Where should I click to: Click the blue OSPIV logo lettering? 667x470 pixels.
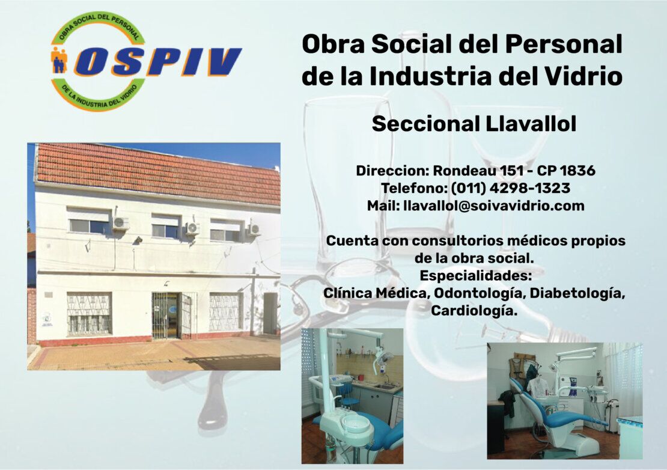158,62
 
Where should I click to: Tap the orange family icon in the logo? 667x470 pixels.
59,60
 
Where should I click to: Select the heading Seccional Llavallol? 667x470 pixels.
474,124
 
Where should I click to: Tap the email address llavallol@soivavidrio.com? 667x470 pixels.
493,206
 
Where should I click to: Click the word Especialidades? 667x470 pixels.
475,276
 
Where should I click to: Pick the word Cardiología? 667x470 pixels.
474,311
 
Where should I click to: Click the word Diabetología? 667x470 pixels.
577,293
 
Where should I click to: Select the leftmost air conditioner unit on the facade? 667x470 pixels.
120,223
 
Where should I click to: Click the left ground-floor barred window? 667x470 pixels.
90,313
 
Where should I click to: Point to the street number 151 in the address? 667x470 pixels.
512,171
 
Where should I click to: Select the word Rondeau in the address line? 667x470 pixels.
464,171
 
